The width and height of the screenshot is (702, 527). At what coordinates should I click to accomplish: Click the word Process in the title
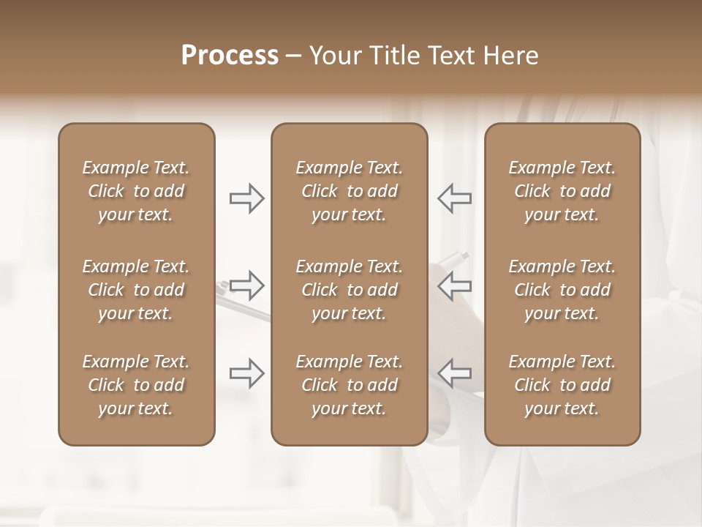[230, 56]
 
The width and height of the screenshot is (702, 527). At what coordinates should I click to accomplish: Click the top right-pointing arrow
[247, 198]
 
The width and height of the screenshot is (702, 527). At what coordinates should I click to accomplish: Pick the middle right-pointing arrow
[247, 285]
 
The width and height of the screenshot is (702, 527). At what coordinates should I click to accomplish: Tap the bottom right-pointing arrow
[247, 373]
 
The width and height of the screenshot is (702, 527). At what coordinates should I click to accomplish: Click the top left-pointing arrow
[454, 198]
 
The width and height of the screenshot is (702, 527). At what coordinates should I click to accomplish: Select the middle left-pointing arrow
[454, 285]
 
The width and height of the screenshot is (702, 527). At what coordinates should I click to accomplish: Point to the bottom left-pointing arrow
[454, 373]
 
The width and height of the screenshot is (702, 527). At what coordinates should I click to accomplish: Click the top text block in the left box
[136, 191]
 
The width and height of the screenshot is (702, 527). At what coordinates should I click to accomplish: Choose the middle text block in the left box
[136, 290]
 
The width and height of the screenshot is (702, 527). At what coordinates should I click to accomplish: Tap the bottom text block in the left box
[136, 385]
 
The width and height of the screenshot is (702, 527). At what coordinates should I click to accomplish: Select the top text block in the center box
[349, 191]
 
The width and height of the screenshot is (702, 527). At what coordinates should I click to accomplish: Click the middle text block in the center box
[349, 290]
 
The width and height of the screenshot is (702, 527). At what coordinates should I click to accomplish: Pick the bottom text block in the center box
[349, 385]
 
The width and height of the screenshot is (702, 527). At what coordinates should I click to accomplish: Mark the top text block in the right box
[562, 191]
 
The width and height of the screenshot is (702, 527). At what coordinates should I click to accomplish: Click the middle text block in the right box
[562, 290]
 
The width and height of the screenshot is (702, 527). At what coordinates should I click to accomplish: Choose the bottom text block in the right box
[562, 385]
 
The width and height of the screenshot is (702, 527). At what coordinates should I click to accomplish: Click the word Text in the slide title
[450, 56]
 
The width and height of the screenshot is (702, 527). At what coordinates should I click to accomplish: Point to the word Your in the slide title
[334, 56]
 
